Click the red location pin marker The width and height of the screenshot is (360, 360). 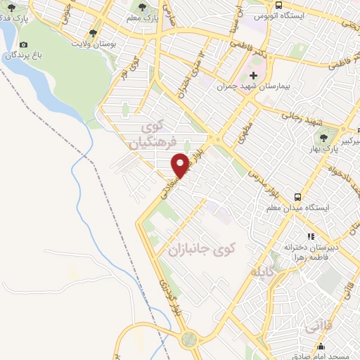(x=181, y=165)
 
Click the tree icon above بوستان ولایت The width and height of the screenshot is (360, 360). (x=93, y=32)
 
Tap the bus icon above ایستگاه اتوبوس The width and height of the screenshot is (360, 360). (x=279, y=4)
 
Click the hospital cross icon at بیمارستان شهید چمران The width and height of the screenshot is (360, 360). (x=254, y=75)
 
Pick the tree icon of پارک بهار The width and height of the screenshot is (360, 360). (x=323, y=138)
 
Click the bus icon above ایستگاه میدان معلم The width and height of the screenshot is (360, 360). (x=297, y=198)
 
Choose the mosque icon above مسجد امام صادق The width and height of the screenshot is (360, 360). (x=321, y=346)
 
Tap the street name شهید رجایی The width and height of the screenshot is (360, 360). (x=300, y=117)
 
